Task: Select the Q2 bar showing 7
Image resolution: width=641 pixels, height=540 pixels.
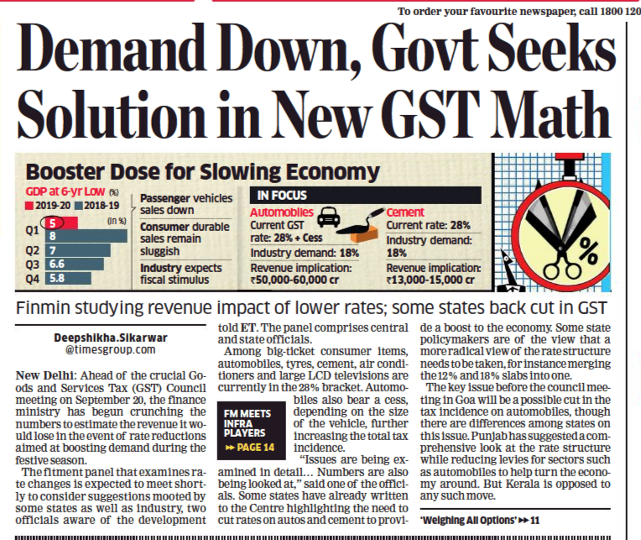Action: [x=67, y=250]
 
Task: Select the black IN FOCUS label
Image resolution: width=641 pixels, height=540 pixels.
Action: [x=284, y=195]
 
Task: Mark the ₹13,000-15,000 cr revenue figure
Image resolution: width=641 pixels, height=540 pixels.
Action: [x=437, y=280]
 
